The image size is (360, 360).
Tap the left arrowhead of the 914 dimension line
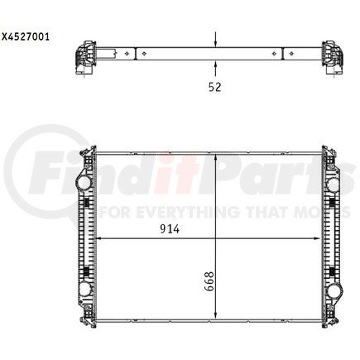click(100, 238)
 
